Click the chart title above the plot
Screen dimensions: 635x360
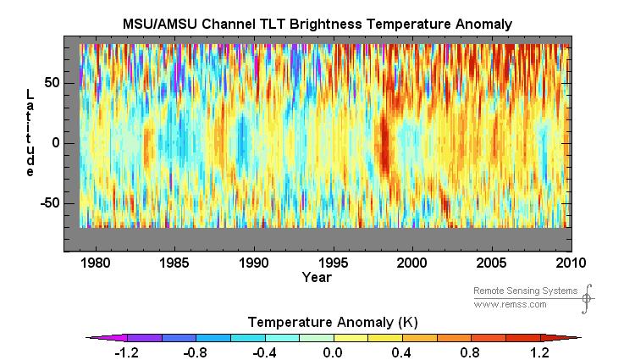pyautogui.click(x=317, y=24)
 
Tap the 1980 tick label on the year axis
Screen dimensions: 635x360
pyautogui.click(x=95, y=263)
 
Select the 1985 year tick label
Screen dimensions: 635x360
pyautogui.click(x=174, y=263)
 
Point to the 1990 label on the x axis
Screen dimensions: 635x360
pyautogui.click(x=253, y=263)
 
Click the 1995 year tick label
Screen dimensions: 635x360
pyautogui.click(x=333, y=263)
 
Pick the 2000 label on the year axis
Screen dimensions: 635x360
pyautogui.click(x=411, y=263)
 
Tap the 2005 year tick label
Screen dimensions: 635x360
pyautogui.click(x=491, y=263)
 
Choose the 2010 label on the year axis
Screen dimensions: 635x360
pyautogui.click(x=571, y=263)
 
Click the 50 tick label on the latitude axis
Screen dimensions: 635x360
pyautogui.click(x=52, y=83)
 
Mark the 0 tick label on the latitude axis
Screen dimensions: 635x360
pyautogui.click(x=56, y=143)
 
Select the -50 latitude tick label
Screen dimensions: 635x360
pyautogui.click(x=50, y=203)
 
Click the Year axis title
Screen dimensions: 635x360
pyautogui.click(x=317, y=277)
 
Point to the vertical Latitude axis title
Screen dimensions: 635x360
pyautogui.click(x=30, y=133)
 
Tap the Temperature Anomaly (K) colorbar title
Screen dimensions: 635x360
pyautogui.click(x=333, y=323)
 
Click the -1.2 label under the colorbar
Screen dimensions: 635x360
pyautogui.click(x=126, y=353)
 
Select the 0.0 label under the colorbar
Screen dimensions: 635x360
pyautogui.click(x=333, y=353)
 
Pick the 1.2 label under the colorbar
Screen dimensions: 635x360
pyautogui.click(x=540, y=353)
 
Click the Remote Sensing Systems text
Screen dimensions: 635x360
pyautogui.click(x=525, y=291)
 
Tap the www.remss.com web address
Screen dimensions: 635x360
pyautogui.click(x=510, y=304)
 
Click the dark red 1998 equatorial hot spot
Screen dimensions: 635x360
pyautogui.click(x=384, y=147)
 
